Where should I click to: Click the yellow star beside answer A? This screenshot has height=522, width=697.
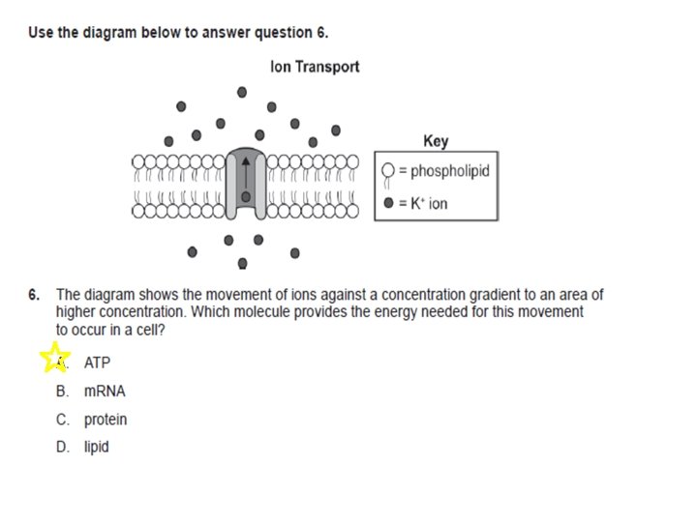tap(55, 358)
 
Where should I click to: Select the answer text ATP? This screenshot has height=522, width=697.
tap(97, 362)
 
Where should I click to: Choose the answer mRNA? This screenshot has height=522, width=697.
tap(105, 391)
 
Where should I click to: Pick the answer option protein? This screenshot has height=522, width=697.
tap(106, 420)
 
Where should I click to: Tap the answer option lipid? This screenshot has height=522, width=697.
tap(97, 448)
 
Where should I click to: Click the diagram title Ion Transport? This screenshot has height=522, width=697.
tap(315, 67)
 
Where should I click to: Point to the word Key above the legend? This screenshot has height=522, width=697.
tap(436, 141)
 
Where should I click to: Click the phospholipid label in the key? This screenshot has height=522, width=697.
tap(449, 172)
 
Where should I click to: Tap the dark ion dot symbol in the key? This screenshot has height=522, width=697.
tap(388, 204)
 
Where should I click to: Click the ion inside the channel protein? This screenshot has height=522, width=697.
tap(246, 196)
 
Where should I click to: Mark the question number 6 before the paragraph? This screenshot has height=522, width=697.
tap(34, 294)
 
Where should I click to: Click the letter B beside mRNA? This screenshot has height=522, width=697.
tap(62, 391)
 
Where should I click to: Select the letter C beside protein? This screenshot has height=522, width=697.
tap(62, 420)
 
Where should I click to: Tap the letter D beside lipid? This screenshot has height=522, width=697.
tap(62, 448)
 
